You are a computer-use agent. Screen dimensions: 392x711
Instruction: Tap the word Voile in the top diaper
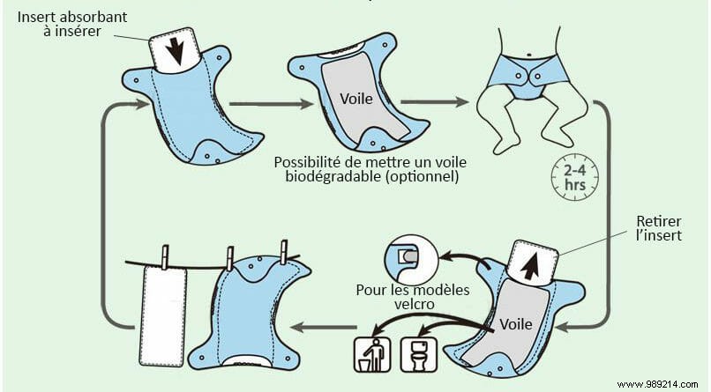(356, 98)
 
